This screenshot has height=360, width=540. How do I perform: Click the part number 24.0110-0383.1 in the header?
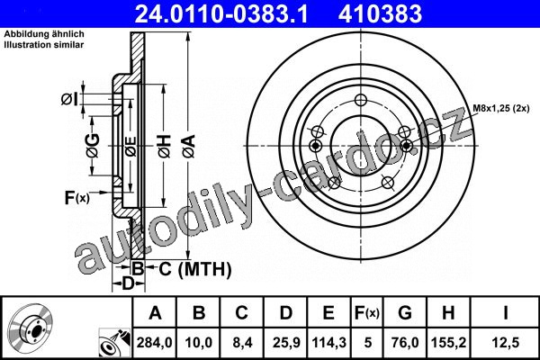click(x=221, y=13)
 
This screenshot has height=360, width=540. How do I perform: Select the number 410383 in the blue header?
click(x=380, y=13)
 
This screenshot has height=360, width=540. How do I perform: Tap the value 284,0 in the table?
click(x=154, y=342)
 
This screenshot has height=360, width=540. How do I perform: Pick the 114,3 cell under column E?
click(x=328, y=342)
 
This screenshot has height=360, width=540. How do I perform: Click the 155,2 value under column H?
click(x=449, y=342)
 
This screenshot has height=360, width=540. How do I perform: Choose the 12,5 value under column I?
click(x=505, y=342)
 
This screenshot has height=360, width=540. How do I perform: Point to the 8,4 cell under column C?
click(x=242, y=342)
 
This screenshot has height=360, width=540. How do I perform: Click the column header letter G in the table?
click(x=405, y=313)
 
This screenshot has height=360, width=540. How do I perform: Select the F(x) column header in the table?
click(x=367, y=313)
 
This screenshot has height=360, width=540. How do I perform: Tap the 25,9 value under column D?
click(x=286, y=342)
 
